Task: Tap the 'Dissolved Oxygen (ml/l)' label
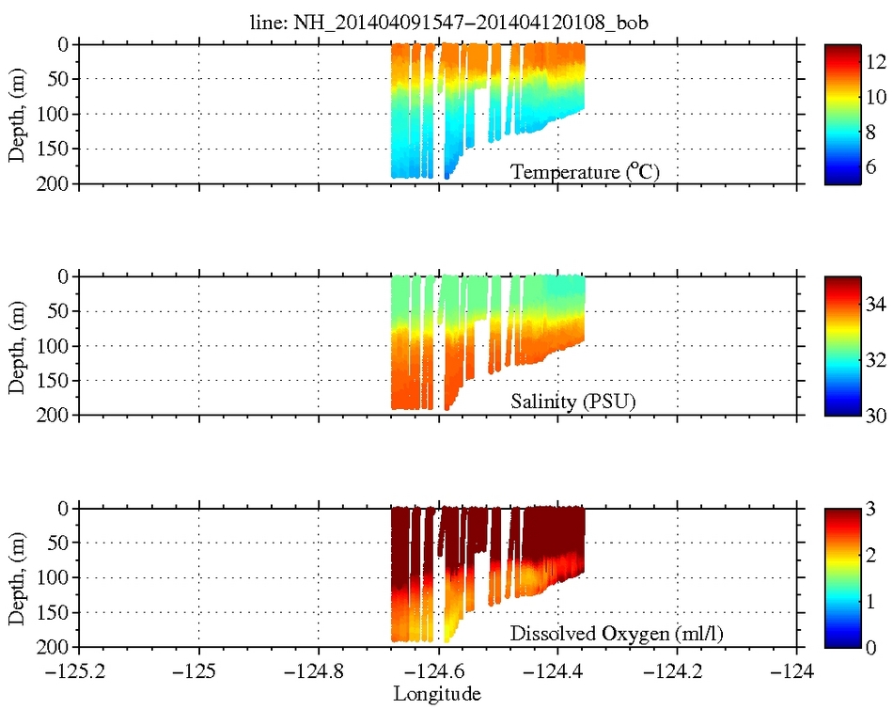617,635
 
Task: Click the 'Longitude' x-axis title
437,694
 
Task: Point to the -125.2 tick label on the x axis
79,672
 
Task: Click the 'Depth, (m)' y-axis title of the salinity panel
17,345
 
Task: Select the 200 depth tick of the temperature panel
55,183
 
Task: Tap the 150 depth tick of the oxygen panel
55,612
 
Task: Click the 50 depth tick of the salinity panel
58,311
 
